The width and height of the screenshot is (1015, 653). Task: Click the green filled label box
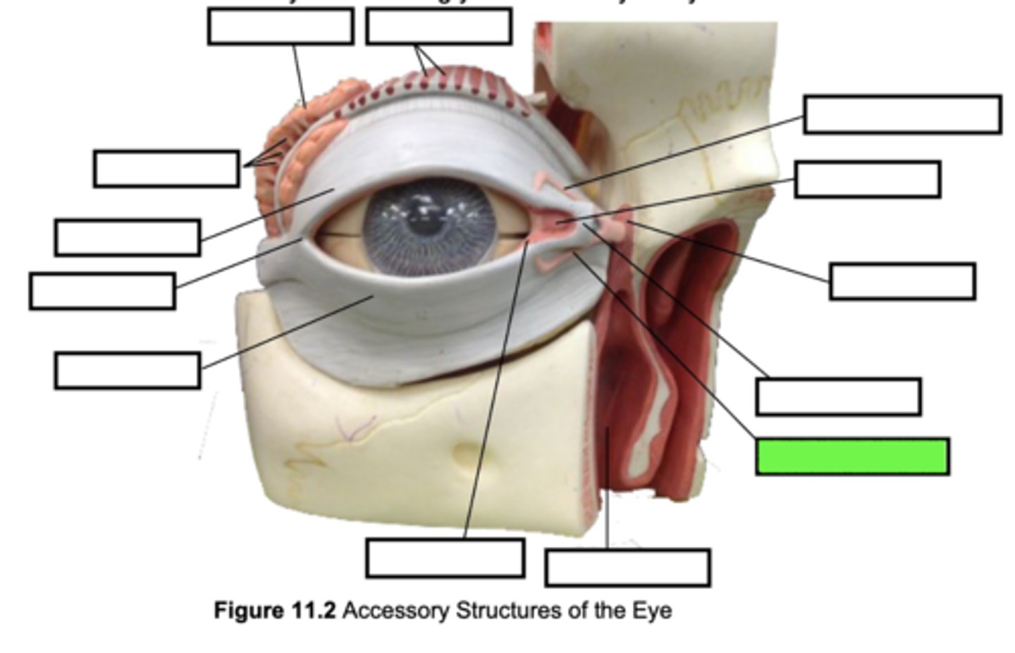(x=852, y=456)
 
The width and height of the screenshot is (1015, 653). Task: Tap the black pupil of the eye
(x=422, y=224)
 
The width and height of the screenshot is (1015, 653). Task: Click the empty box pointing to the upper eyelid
(x=127, y=237)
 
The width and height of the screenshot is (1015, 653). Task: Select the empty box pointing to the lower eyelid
(x=127, y=371)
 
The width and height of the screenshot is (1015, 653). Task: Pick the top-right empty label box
(x=902, y=114)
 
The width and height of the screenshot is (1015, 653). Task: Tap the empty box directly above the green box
(x=838, y=397)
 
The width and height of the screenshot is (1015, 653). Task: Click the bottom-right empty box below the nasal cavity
(x=627, y=567)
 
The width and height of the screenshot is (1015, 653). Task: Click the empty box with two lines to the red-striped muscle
(x=438, y=27)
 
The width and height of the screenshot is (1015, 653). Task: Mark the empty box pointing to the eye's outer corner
(x=102, y=291)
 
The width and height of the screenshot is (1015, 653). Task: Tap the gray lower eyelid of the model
(x=423, y=303)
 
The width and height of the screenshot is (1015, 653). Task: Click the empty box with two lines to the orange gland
(x=166, y=169)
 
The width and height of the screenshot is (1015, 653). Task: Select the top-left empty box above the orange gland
(x=281, y=27)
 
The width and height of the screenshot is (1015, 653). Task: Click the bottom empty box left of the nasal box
(x=445, y=558)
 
